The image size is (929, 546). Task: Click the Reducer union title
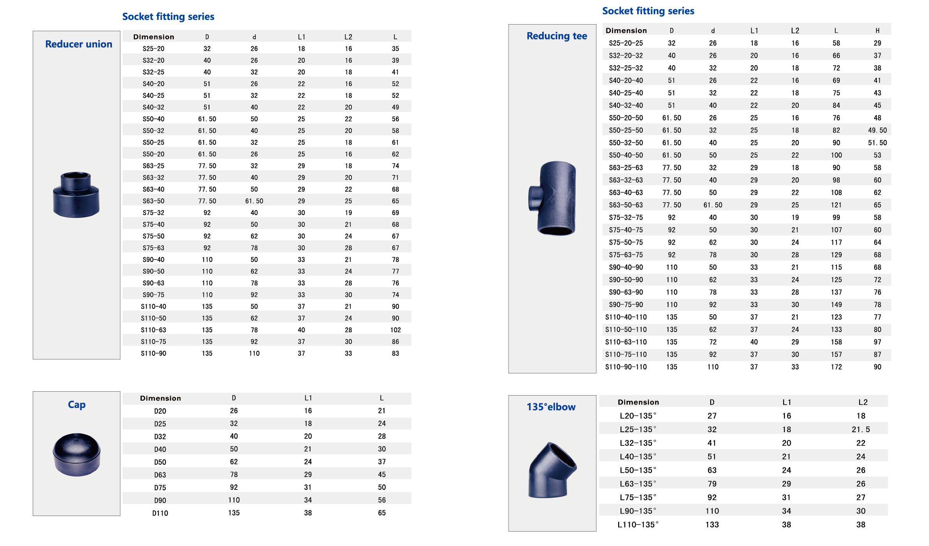(78, 44)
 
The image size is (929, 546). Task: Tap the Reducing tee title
(557, 36)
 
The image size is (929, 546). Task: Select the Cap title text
(76, 405)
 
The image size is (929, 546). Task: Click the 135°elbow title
(551, 407)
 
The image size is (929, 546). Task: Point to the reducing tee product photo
(553, 198)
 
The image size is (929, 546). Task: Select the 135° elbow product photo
(551, 470)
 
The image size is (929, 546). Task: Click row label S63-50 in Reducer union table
(153, 201)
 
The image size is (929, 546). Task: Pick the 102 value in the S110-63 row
(395, 330)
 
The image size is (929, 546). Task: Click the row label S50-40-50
(626, 155)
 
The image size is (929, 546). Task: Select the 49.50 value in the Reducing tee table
(877, 130)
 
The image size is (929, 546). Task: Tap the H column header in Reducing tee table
(877, 30)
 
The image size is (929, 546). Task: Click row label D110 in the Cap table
(160, 513)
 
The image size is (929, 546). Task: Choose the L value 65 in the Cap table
(381, 513)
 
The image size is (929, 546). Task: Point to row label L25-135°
(638, 429)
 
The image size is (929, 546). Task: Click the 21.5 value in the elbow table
(860, 429)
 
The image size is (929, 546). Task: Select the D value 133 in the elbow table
(712, 525)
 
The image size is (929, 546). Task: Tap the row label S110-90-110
(626, 367)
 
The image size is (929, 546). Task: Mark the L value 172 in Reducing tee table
(836, 367)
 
